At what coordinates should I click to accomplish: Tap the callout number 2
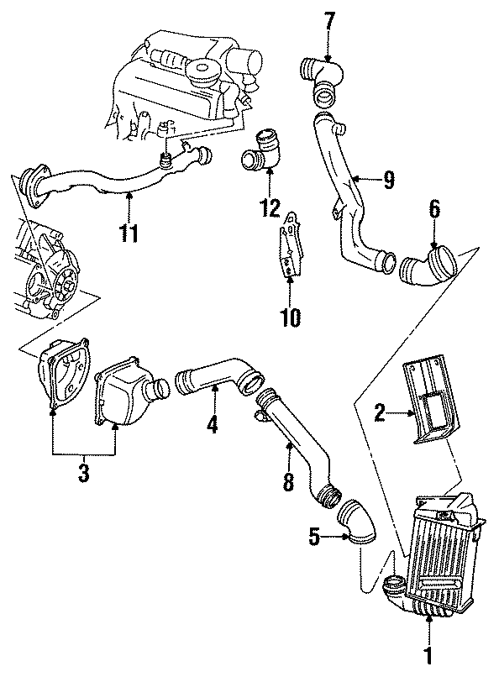point(380,412)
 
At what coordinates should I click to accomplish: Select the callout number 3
point(83,473)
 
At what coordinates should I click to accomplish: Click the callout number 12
point(270,207)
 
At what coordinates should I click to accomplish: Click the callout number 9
point(388,178)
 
